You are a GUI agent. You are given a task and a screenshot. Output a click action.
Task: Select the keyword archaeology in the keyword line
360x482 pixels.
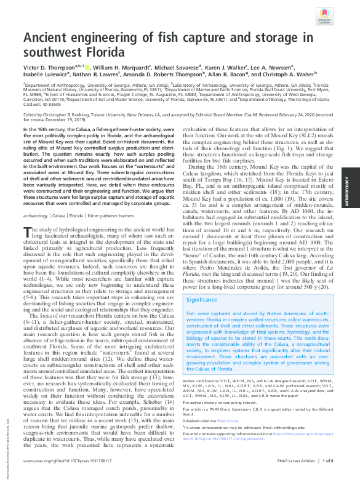[36, 216]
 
